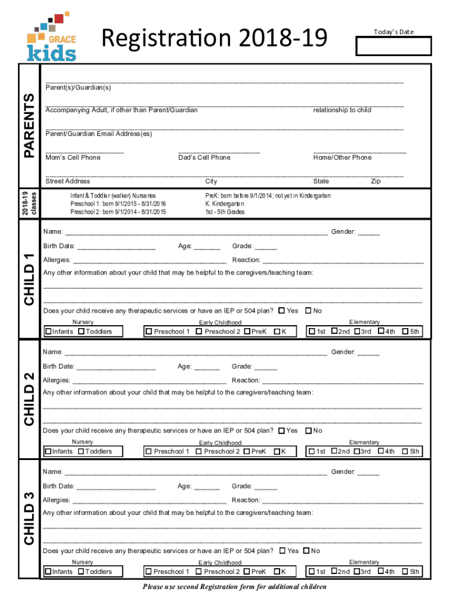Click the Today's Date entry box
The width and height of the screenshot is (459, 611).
pos(393,47)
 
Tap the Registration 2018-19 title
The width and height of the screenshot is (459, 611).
pos(215,39)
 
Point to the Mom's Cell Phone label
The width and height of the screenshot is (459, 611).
pos(73,158)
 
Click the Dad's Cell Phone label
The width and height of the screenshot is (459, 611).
pos(204,158)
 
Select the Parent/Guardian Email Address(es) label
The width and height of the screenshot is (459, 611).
pos(99,134)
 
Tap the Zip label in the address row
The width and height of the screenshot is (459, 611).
pos(376,181)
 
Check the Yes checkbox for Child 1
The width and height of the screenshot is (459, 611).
pos(281,310)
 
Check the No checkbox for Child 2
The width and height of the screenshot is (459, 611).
pos(308,430)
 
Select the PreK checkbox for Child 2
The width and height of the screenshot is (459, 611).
pos(247,451)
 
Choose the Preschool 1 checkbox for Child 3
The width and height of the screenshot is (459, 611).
pos(148,572)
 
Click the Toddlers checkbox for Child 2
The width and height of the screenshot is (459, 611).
pos(81,451)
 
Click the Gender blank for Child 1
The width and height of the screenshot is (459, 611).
pos(369,233)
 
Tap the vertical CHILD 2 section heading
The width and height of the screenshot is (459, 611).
pos(29,399)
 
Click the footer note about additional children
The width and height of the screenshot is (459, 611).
pos(234,587)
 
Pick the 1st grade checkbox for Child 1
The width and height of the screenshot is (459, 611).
pos(311,331)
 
